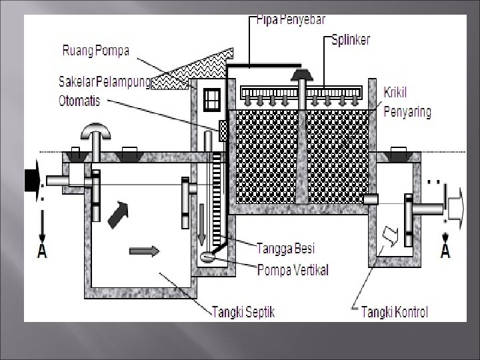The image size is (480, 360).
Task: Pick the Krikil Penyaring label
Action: pos(407,102)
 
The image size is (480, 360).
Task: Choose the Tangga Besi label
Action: pos(287,249)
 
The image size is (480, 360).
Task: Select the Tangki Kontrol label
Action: pos(395,311)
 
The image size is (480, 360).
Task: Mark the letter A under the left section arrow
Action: pos(43,251)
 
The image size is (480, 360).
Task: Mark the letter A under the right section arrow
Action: pos(445,251)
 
